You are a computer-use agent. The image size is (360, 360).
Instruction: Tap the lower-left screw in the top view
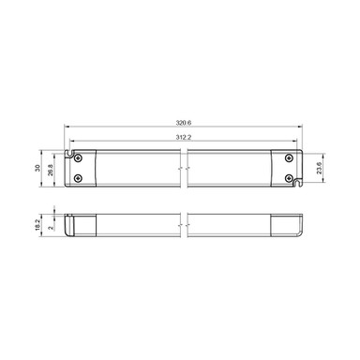pos(78,176)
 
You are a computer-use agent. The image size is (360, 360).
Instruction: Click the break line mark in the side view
pos(185,224)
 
